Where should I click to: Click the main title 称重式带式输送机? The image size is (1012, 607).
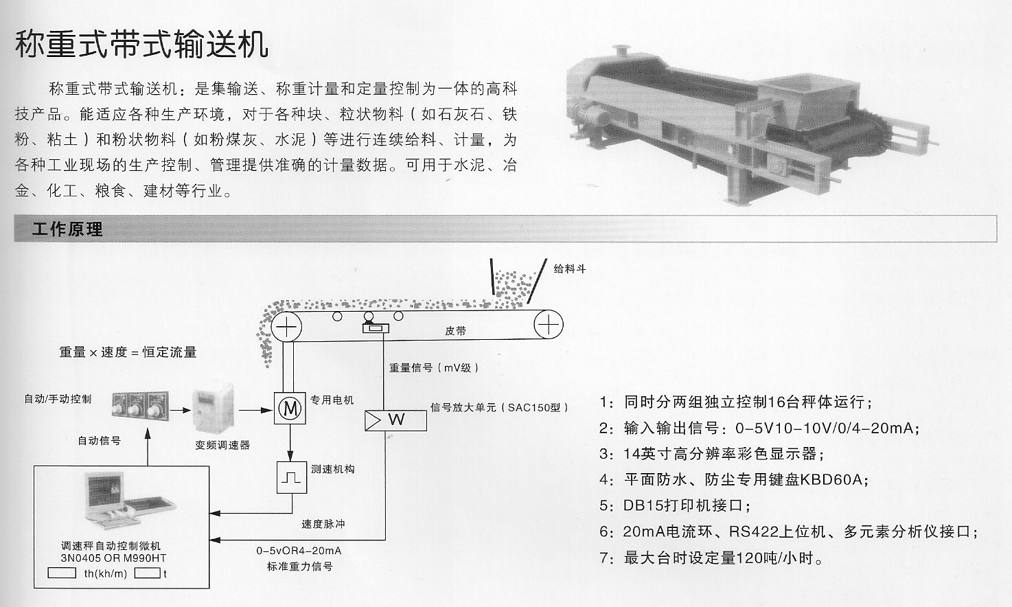click(x=142, y=44)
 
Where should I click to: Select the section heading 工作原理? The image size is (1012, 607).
click(x=67, y=229)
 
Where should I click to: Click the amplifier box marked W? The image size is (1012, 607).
click(x=395, y=420)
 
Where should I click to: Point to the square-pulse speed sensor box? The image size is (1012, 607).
click(x=290, y=477)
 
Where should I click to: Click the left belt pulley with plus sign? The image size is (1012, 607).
click(x=286, y=325)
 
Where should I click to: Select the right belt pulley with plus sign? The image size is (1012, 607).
click(x=549, y=324)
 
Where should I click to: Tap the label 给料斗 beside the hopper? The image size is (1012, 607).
click(x=569, y=268)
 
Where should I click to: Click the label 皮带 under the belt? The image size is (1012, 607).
click(x=455, y=331)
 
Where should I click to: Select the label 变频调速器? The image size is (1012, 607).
click(x=222, y=445)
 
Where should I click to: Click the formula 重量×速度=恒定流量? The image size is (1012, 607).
click(x=128, y=352)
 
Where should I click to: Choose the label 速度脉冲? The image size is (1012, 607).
click(x=323, y=524)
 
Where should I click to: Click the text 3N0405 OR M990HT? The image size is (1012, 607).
click(x=113, y=558)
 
